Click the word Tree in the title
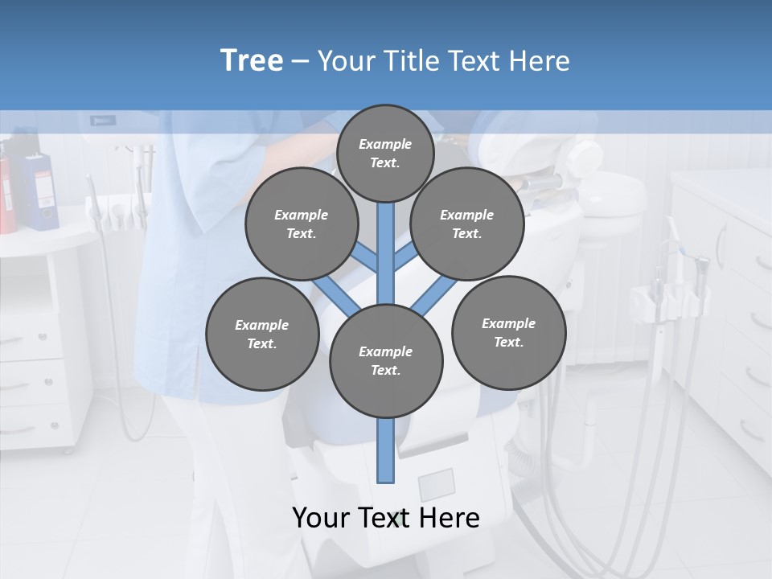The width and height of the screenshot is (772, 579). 252,61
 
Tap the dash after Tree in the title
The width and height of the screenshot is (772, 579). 301,62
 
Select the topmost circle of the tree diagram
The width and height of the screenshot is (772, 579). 385,153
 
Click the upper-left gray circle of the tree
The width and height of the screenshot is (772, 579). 301,224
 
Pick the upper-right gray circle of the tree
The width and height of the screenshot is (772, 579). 466,224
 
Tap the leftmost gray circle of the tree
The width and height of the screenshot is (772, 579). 261,334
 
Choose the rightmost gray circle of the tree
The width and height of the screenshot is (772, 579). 508,332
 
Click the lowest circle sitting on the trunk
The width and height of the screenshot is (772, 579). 386,360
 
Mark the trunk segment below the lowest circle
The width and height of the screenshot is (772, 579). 386,450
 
